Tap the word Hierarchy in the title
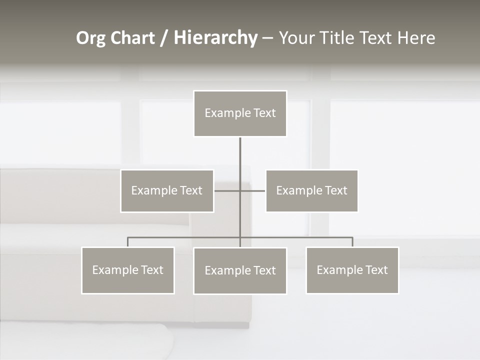point(215,38)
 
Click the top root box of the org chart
point(240,113)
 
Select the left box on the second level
point(167,190)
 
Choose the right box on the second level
point(311,190)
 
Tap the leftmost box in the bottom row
point(127,270)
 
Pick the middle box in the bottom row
point(240,270)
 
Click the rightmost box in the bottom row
point(352,270)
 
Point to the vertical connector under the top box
point(240,155)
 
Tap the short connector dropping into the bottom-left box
point(127,242)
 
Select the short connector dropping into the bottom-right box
point(352,242)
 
